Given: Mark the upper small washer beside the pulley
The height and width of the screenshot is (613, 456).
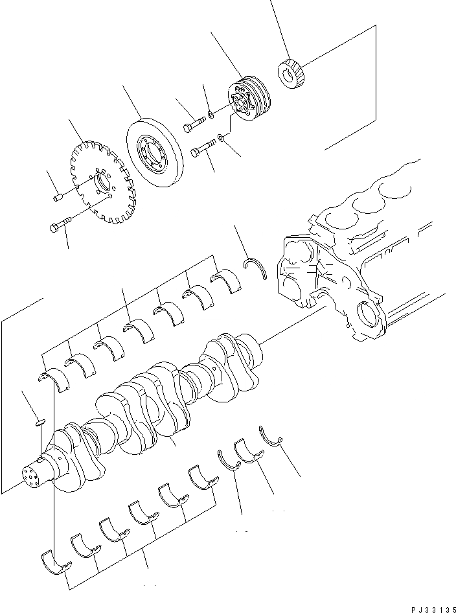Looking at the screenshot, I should (212, 116).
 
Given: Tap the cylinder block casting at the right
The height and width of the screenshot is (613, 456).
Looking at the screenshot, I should (350, 272).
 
